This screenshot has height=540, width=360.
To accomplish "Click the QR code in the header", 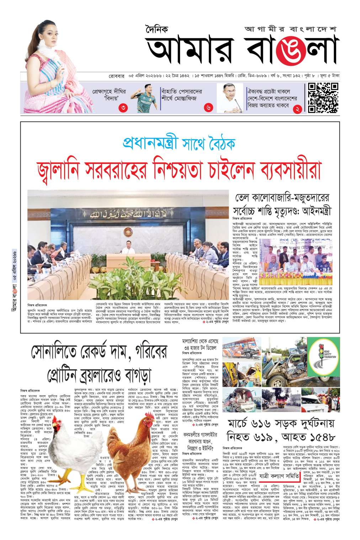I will tap(323, 97).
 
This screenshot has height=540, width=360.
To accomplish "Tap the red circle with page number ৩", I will tap(123, 108).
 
